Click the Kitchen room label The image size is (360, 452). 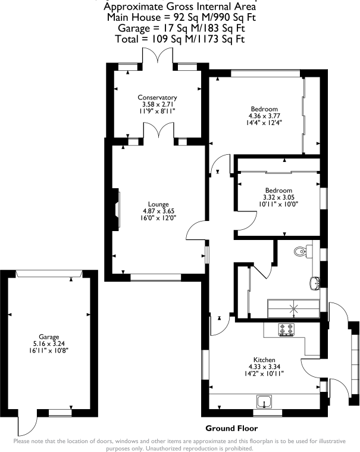tap(264, 360)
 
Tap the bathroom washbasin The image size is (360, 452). tap(314, 282)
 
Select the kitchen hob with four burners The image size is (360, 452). tap(286, 329)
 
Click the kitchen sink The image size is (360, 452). tap(264, 400)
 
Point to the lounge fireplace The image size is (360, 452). tap(114, 210)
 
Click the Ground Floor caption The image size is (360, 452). tap(231, 428)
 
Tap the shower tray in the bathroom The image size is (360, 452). tap(293, 307)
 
